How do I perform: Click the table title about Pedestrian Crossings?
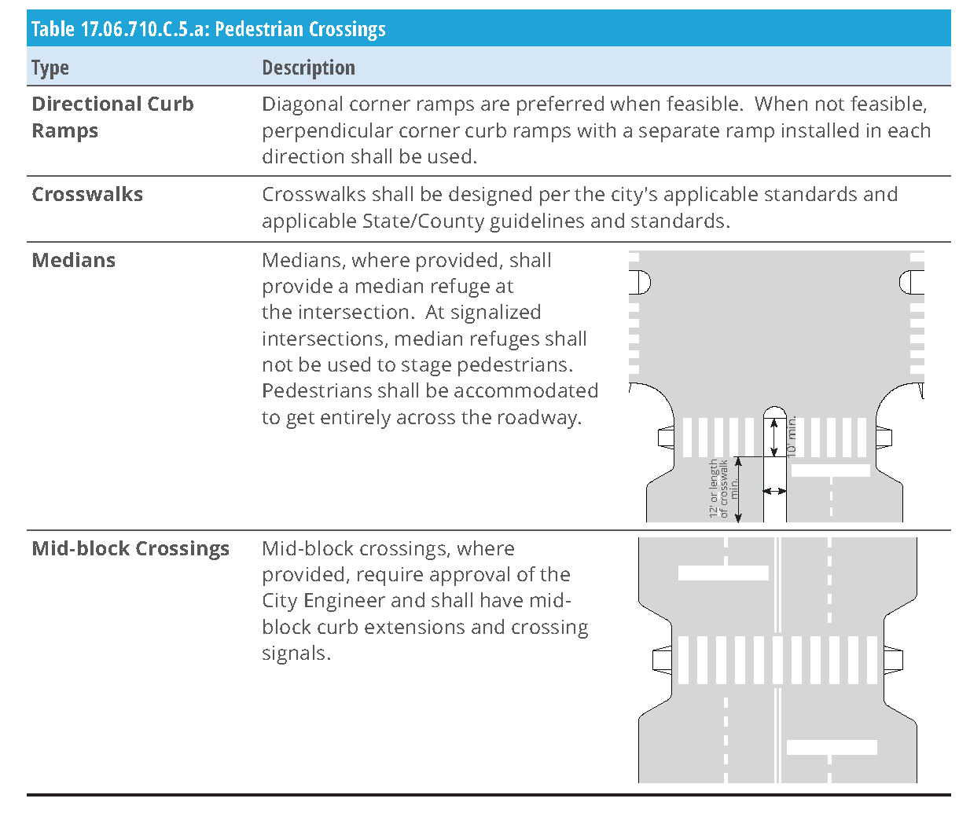(208, 29)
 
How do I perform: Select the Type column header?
(50, 68)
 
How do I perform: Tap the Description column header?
(308, 68)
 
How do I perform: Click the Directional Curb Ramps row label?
(112, 117)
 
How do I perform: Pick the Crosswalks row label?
(87, 195)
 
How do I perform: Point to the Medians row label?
(74, 261)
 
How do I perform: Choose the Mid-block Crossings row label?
(130, 548)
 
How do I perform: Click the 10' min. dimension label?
(792, 436)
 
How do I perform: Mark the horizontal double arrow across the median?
(774, 491)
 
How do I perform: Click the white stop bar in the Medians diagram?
(830, 471)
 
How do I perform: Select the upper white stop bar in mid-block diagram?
(723, 573)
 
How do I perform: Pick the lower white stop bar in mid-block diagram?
(832, 747)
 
